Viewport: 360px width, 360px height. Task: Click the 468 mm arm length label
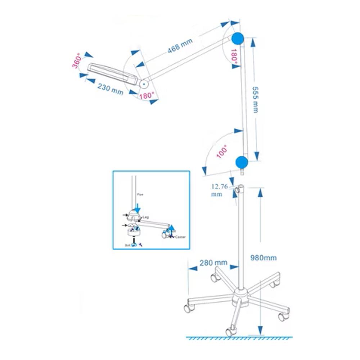180,46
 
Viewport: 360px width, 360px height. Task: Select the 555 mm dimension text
255,100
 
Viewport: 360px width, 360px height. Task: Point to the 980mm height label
263,258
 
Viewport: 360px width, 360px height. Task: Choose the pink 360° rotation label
77,62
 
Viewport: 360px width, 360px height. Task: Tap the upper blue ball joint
238,39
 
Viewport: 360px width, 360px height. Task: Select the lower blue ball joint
242,162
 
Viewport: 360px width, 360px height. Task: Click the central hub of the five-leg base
240,296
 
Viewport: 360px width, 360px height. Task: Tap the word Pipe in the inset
140,194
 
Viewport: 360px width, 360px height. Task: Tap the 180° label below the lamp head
147,96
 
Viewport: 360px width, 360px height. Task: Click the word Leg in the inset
146,217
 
